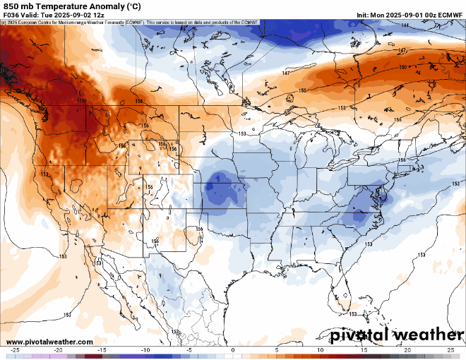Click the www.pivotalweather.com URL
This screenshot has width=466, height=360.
pos(47,342)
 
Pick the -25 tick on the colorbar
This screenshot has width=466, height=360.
pos(15,350)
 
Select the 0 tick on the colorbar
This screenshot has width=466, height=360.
pos(233,350)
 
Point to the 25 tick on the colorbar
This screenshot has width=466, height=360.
pos(450,350)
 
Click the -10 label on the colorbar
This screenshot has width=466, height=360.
pos(145,350)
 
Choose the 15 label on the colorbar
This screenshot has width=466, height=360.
pos(364,350)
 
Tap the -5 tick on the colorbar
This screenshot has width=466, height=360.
pos(189,350)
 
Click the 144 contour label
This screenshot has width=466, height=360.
pos(405,25)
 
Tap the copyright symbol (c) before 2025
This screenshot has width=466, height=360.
pos(4,23)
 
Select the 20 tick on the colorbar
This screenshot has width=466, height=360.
pos(407,350)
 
